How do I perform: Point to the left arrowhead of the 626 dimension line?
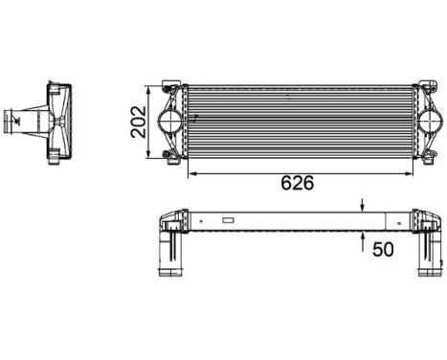[192, 173]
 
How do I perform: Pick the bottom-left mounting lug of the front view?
[169, 155]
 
